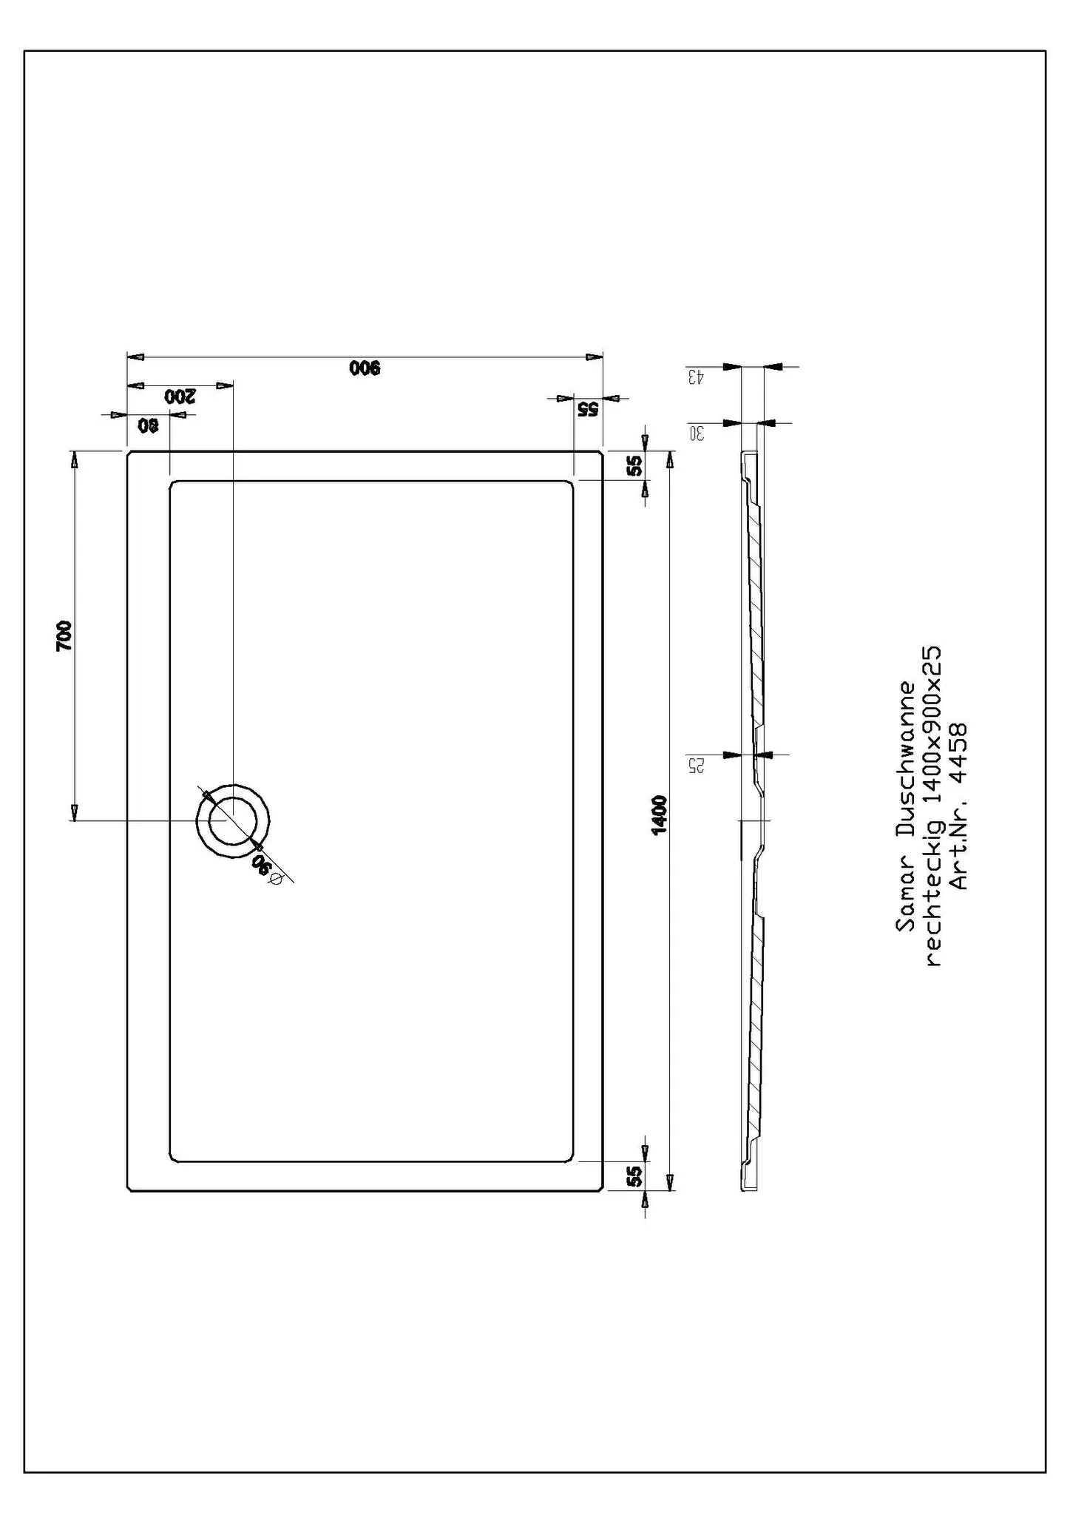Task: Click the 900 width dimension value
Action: coord(365,368)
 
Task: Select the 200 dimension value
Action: coord(180,396)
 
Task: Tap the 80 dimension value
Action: coord(149,425)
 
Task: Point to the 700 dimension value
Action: coord(65,635)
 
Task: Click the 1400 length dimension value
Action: coord(660,814)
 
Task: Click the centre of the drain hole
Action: coord(233,820)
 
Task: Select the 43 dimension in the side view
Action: coord(696,378)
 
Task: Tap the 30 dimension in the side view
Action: coord(696,433)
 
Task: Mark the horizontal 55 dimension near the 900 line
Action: coord(588,409)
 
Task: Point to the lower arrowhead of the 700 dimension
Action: coord(74,812)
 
